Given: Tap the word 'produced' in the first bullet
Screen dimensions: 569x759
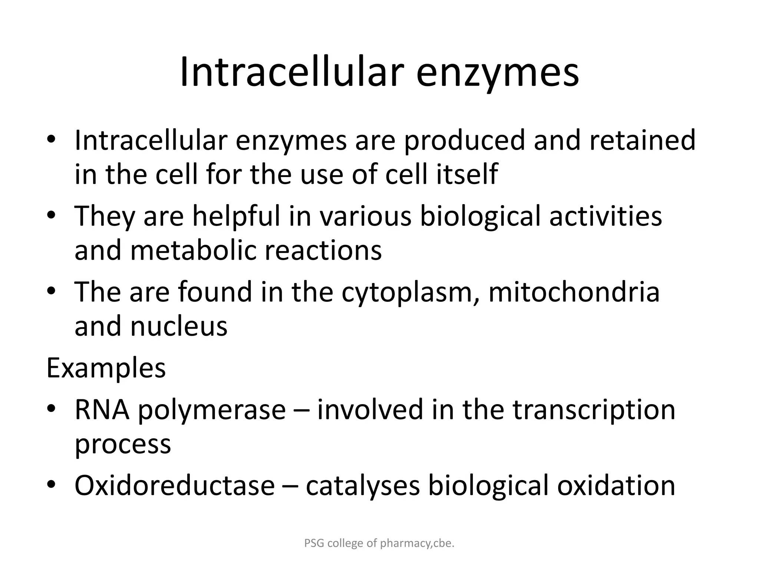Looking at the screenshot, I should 464,141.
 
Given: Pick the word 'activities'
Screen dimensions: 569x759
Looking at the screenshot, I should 606,217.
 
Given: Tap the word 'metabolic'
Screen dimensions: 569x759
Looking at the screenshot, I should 193,250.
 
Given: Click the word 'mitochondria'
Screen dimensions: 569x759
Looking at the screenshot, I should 574,292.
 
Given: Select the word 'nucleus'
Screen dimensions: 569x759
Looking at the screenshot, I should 179,327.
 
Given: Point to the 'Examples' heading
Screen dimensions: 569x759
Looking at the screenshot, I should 106,368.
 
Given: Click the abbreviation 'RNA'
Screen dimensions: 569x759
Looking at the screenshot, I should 102,410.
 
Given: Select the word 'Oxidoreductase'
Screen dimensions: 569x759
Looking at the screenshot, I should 175,486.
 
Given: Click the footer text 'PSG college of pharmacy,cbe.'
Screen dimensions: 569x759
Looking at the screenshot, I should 379,543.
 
